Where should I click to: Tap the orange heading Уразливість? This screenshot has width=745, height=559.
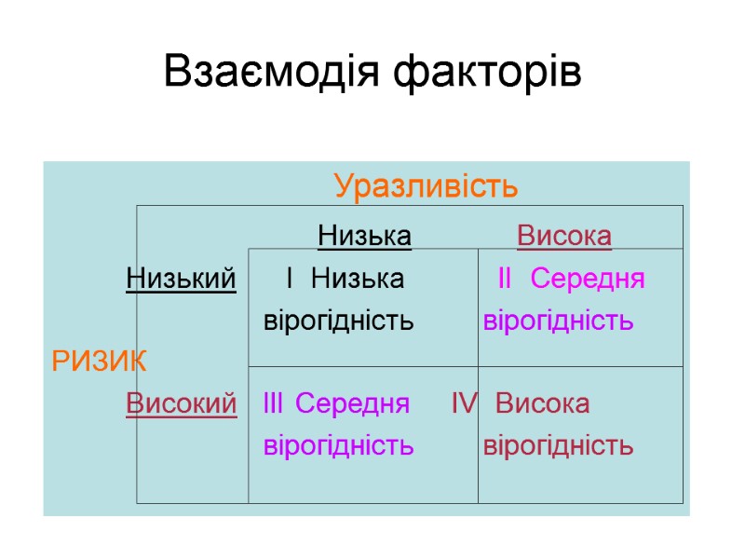[427, 186]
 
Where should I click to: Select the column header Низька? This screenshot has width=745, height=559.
[364, 236]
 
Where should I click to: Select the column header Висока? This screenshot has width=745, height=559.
[564, 236]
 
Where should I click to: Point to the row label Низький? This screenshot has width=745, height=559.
[181, 278]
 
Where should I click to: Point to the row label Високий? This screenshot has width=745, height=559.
[181, 403]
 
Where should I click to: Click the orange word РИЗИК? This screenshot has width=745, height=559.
[99, 359]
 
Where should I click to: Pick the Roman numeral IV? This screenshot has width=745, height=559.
[464, 403]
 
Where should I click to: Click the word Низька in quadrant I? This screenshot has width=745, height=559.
[358, 278]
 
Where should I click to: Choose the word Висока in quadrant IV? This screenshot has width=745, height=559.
[543, 403]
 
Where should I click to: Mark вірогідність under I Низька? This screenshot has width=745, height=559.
[339, 321]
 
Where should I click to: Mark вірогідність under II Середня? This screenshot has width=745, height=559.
[559, 321]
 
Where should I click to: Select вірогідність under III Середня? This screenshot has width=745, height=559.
[339, 445]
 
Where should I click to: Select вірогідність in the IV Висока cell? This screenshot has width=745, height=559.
[559, 445]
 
